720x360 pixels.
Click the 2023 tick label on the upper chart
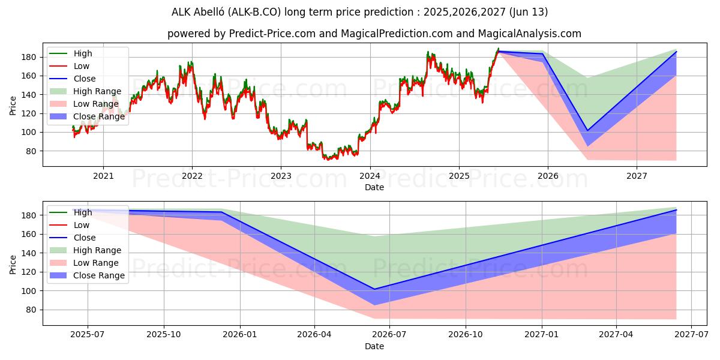click(281, 176)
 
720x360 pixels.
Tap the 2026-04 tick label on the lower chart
click(314, 334)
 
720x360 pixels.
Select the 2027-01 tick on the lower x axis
click(542, 334)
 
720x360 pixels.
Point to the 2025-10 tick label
click(164, 334)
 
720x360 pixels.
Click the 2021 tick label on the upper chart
click(103, 176)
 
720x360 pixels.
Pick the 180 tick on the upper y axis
click(30, 57)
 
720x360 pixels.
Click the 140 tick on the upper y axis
click(30, 95)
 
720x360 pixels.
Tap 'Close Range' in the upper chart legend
click(99, 116)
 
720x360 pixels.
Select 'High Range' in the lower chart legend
click(97, 250)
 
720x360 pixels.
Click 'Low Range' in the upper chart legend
click(96, 104)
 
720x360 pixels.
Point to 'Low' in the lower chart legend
click(82, 225)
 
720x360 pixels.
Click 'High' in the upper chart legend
click(83, 53)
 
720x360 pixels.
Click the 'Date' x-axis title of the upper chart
click(374, 187)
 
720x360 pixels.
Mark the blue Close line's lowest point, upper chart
click(587, 130)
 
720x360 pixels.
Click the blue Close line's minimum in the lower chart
click(375, 289)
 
